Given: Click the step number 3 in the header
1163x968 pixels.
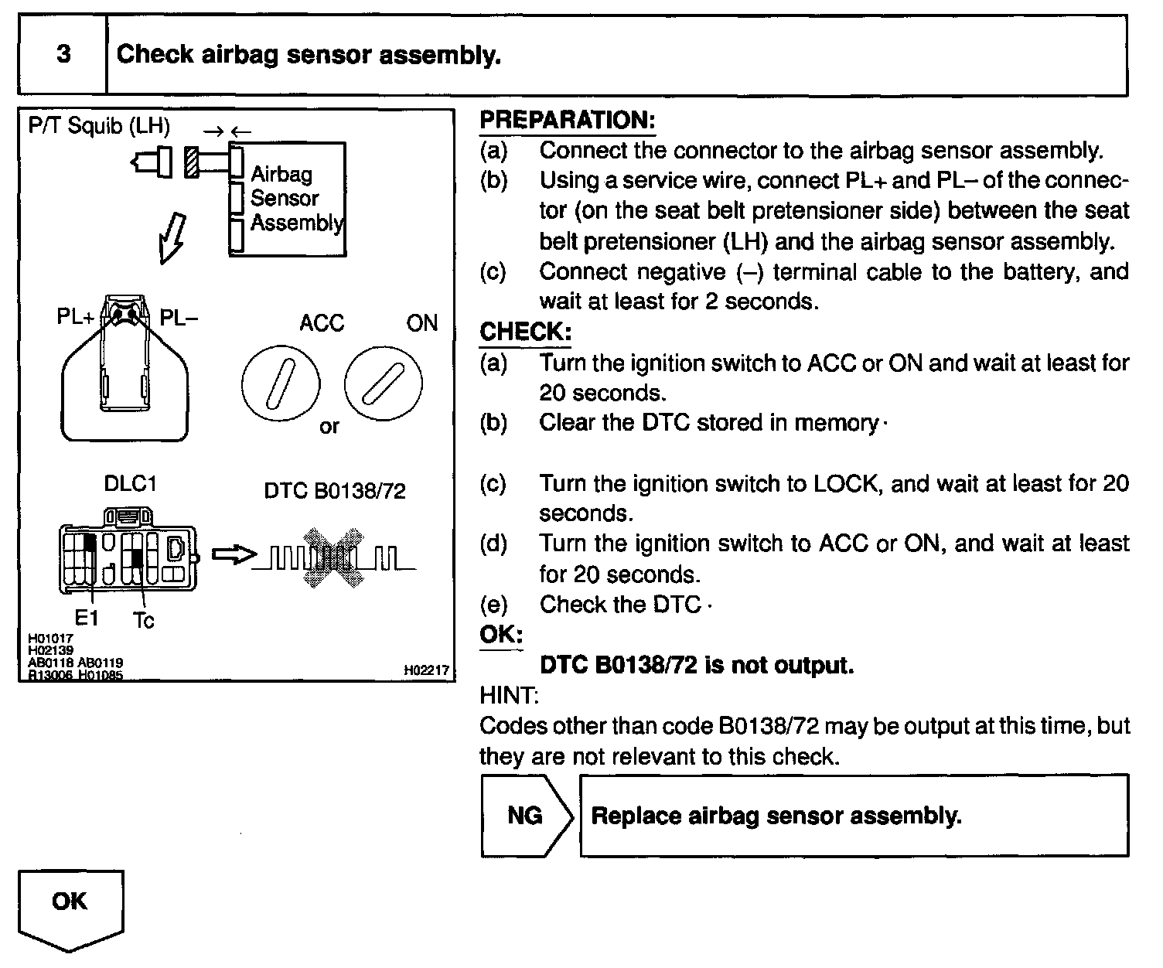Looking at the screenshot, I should point(63,54).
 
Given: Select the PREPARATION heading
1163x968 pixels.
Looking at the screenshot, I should point(567,120).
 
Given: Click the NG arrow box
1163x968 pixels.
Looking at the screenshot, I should point(527,816).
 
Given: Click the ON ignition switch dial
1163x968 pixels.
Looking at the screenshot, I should point(383,384).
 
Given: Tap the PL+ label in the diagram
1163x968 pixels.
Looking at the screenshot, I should point(76,318).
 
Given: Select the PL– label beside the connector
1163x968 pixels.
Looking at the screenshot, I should point(179,318).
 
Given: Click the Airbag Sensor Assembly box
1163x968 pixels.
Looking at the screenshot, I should point(288,199).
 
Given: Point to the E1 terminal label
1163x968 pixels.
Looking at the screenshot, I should point(87,619).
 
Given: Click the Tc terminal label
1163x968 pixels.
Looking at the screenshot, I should point(144,620).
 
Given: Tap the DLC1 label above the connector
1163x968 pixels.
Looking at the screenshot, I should point(130,484).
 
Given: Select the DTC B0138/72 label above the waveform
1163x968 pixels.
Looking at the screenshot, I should point(335,491).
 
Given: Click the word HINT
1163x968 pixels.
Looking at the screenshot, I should point(508,695).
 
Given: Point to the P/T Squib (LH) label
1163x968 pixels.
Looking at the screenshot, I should point(99,126).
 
